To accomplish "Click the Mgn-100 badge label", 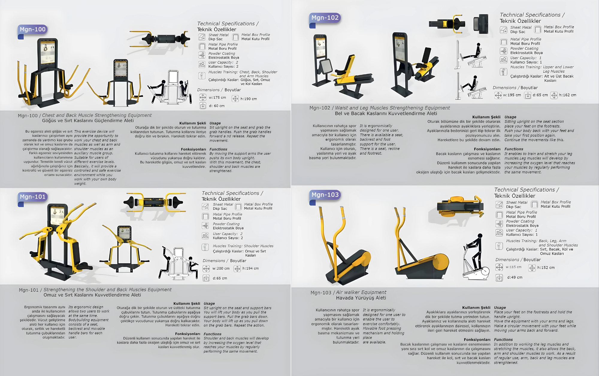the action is pyautogui.click(x=33, y=29).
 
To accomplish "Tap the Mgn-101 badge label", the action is pyautogui.click(x=33, y=197).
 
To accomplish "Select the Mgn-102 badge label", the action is pyautogui.click(x=325, y=18).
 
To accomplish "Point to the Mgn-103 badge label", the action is pyautogui.click(x=325, y=195).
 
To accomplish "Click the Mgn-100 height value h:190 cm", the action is pyautogui.click(x=249, y=99).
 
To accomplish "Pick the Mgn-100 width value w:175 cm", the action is pyautogui.click(x=217, y=98).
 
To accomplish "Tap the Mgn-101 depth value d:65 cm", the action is pyautogui.click(x=220, y=278).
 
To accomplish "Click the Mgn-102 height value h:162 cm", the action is pyautogui.click(x=568, y=95).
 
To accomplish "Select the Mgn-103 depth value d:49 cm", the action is pyautogui.click(x=515, y=278).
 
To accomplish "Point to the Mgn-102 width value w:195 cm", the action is pyautogui.click(x=512, y=95).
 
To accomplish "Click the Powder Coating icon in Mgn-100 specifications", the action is pyautogui.click(x=202, y=55).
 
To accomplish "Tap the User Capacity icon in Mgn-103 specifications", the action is pyautogui.click(x=499, y=233).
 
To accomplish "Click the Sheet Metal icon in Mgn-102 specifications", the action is pyautogui.click(x=503, y=30).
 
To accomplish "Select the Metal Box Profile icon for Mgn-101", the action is pyautogui.click(x=238, y=207).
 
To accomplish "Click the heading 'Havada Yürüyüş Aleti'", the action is pyautogui.click(x=361, y=298).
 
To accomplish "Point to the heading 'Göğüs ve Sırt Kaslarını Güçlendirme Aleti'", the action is pyautogui.click(x=88, y=121).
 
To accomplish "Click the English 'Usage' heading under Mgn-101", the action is pyautogui.click(x=209, y=304).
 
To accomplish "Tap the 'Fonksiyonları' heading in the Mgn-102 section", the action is pyautogui.click(x=487, y=149).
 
